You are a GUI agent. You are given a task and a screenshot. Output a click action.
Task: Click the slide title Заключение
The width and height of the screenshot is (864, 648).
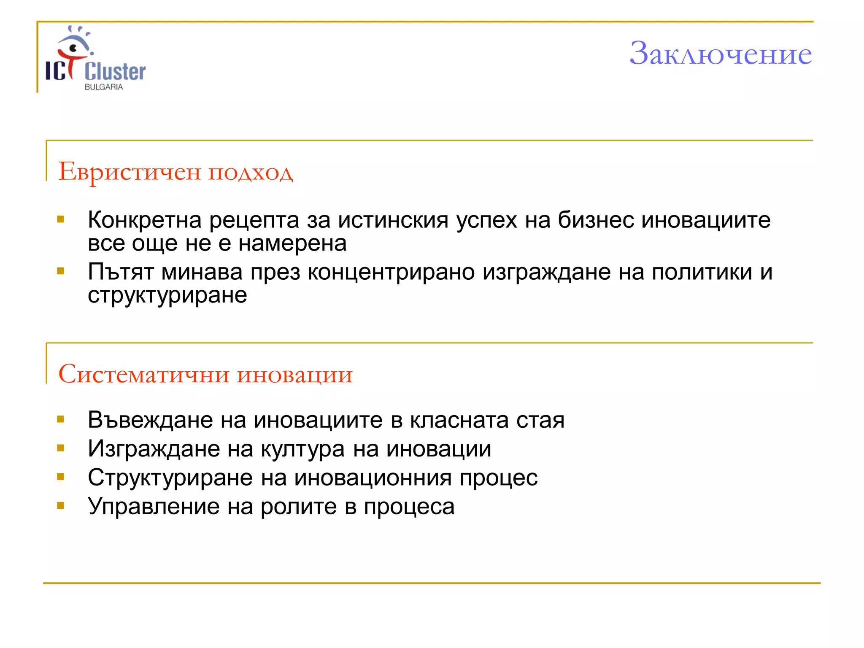point(720,54)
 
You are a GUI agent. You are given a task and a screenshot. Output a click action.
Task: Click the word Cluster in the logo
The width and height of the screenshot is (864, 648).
point(115,71)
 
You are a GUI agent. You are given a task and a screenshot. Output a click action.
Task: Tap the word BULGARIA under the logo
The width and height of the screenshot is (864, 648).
point(104,87)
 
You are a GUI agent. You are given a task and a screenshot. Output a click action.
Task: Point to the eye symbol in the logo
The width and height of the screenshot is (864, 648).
point(74,47)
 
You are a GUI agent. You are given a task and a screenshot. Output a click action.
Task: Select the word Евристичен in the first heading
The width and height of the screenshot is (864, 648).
point(129,172)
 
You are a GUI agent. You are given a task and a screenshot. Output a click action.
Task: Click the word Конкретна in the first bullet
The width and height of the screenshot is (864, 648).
point(144,220)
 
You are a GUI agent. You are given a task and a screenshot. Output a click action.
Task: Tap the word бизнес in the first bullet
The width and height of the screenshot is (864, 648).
point(596,220)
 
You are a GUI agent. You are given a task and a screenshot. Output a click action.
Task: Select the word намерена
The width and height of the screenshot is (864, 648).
point(292,243)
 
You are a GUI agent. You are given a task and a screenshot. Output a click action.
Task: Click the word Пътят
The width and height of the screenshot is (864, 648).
point(121,272)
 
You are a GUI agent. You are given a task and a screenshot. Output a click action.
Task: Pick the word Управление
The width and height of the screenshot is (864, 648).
point(154,506)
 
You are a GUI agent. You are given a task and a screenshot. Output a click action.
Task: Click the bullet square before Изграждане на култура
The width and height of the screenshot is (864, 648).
point(61,448)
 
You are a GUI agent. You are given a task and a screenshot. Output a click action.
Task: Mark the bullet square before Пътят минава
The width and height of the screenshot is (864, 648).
point(61,271)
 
